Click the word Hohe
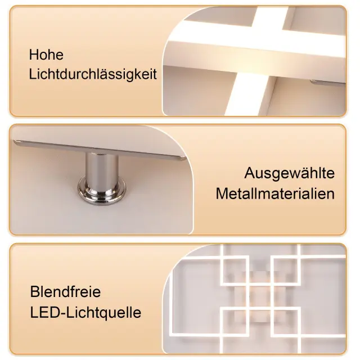pos(46,55)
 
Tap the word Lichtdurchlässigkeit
pos(93,75)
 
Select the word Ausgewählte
pos(289,174)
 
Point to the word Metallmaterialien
pos(275,193)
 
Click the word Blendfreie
pos(65,291)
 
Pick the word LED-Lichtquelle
pos(85,313)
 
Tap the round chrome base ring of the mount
pos(102,191)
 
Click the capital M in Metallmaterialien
pos(221,193)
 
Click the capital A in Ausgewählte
pos(249,173)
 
